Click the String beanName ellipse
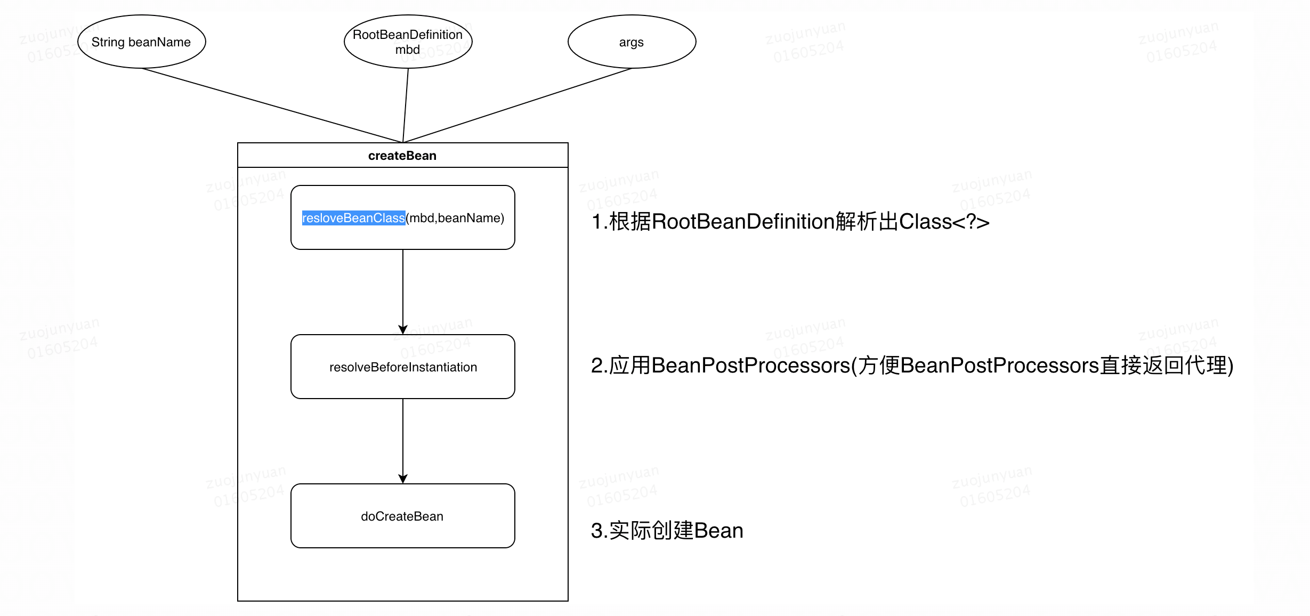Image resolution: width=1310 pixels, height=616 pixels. tap(141, 42)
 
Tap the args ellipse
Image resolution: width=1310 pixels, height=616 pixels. tap(632, 42)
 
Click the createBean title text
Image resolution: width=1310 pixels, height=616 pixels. tap(402, 156)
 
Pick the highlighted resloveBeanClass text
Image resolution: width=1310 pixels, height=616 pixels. tap(353, 218)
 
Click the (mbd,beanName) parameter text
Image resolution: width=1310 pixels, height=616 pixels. tap(455, 218)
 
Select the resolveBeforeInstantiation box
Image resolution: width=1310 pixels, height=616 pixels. tap(403, 367)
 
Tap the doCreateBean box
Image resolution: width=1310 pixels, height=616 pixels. tap(402, 516)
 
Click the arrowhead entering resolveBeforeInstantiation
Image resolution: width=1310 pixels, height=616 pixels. tap(403, 330)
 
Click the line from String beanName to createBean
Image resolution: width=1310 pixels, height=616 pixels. tap(272, 106)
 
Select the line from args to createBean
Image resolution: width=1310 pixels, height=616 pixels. tap(517, 106)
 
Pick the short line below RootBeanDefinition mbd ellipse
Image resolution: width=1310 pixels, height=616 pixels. tap(406, 106)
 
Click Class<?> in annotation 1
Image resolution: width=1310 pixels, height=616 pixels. tap(944, 222)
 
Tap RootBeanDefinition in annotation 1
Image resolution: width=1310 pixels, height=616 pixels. tap(743, 222)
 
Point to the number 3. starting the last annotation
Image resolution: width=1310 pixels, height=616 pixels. tap(599, 531)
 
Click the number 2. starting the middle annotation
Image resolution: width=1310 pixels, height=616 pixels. tap(599, 366)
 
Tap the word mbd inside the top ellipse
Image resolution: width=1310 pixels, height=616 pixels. tap(408, 50)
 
